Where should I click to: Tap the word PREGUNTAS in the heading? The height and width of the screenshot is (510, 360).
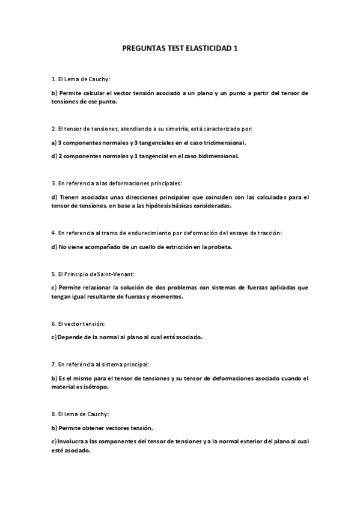pyautogui.click(x=142, y=51)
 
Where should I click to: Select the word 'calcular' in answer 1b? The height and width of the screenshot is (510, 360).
pyautogui.click(x=92, y=93)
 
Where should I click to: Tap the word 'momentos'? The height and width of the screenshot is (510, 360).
pyautogui.click(x=165, y=296)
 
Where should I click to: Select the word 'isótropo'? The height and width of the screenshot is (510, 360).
pyautogui.click(x=97, y=387)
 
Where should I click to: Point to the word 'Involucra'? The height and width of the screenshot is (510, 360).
pyautogui.click(x=70, y=441)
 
